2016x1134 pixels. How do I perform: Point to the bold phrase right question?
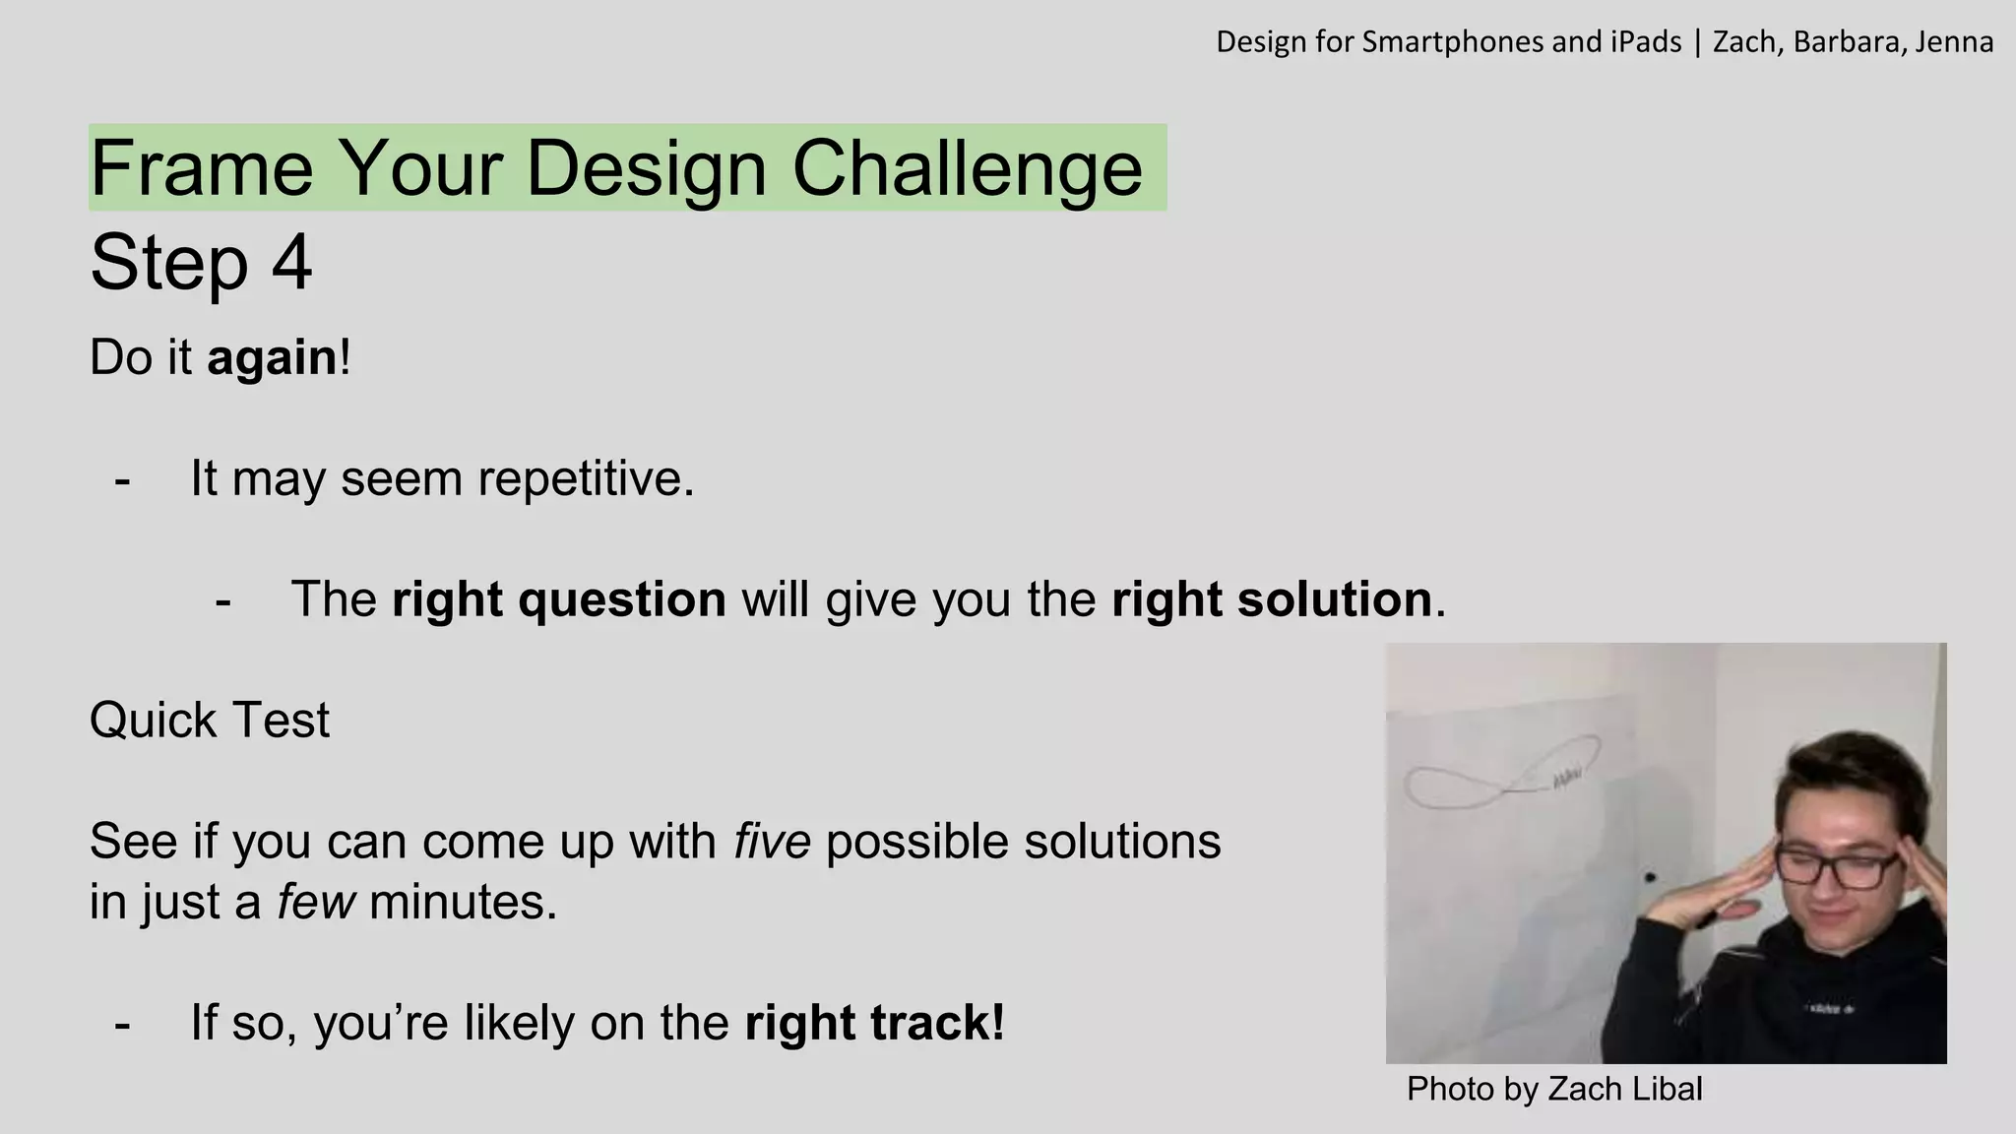(x=558, y=599)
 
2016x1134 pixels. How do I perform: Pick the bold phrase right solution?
(x=1271, y=599)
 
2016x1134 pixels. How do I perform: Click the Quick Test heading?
(x=209, y=720)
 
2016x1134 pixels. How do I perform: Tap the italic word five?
(x=772, y=842)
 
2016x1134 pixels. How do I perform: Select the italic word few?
(x=315, y=902)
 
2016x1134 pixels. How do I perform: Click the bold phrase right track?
(x=874, y=1023)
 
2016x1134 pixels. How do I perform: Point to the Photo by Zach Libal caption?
(x=1553, y=1089)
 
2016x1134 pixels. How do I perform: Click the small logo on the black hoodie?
(x=1827, y=1009)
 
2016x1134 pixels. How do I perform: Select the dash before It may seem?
(x=122, y=481)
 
